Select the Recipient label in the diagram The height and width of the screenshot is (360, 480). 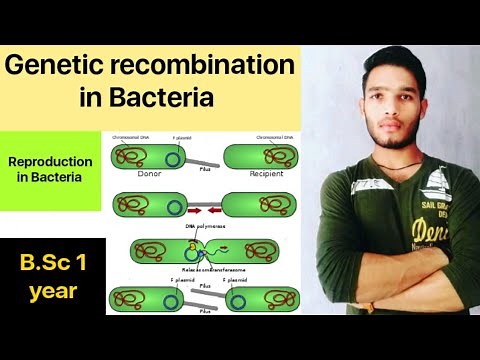pos(266,173)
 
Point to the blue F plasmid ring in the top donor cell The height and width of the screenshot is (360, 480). pos(175,156)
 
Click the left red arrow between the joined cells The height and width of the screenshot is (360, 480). pos(192,212)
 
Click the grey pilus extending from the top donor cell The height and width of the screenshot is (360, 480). pos(205,160)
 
